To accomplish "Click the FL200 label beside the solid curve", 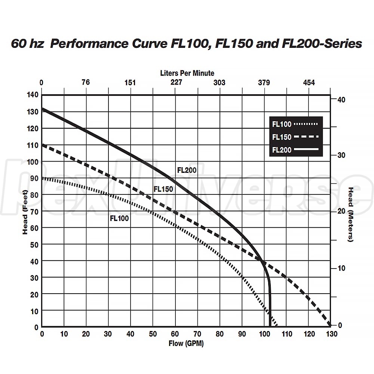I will (187, 170).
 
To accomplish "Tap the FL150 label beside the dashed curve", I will (163, 189).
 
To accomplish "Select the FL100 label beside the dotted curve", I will (119, 218).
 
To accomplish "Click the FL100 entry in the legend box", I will (282, 124).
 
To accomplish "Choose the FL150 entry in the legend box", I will (282, 137).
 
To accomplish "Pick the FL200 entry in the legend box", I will (282, 151).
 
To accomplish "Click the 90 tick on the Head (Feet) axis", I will (34, 178).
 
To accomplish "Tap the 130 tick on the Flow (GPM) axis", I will (330, 334).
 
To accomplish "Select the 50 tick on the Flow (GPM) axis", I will (153, 334).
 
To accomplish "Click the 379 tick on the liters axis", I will (264, 83).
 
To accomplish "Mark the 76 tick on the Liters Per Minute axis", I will (86, 83).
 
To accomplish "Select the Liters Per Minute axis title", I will (187, 73).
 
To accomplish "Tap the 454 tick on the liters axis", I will (309, 83).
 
